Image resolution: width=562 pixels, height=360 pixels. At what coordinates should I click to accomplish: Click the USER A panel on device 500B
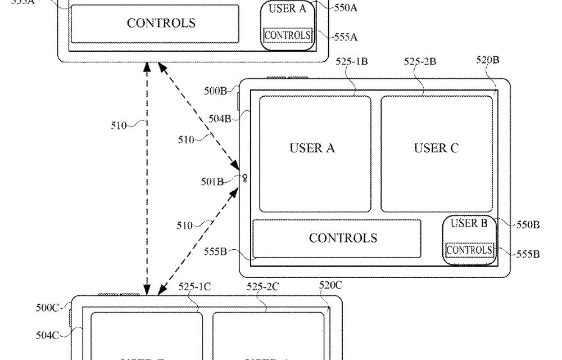[x=314, y=153]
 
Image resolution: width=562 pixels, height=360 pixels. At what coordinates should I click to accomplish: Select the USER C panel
[x=436, y=153]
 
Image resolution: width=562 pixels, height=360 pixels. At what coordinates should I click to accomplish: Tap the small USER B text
[x=469, y=223]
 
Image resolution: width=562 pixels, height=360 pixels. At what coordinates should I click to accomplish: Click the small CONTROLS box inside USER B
[x=469, y=250]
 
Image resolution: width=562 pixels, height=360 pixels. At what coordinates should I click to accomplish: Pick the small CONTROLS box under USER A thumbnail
[x=287, y=35]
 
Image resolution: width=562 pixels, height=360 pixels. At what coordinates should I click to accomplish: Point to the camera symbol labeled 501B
[x=245, y=179]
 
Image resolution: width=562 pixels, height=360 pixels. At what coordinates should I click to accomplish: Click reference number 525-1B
[x=351, y=61]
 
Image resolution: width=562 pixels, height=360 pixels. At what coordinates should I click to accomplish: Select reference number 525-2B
[x=420, y=61]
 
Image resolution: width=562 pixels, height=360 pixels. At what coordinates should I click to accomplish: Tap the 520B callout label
[x=487, y=61]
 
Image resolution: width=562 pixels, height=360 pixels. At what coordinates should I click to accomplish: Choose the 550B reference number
[x=528, y=225]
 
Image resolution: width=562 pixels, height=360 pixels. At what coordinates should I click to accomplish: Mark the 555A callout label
[x=346, y=37]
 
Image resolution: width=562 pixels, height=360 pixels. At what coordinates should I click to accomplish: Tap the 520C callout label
[x=330, y=285]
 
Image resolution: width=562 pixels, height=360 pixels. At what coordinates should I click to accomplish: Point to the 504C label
[x=47, y=335]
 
